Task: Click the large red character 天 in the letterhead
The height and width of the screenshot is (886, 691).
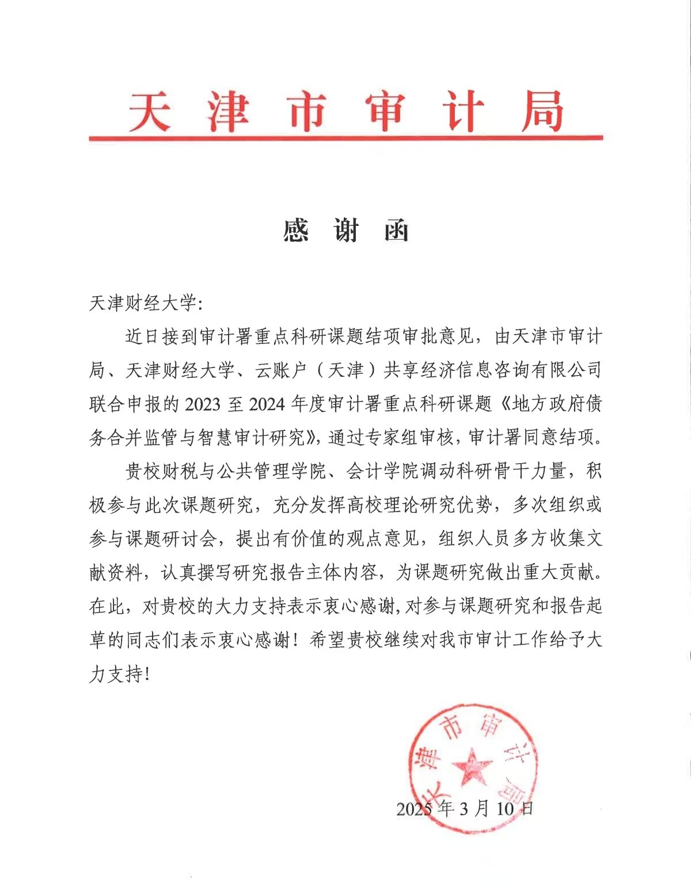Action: point(149,111)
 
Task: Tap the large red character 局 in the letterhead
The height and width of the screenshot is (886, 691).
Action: point(541,111)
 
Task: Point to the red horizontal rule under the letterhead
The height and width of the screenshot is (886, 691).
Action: point(345,138)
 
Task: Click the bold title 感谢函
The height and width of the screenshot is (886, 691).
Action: point(345,230)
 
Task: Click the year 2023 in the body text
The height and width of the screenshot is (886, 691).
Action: point(202,404)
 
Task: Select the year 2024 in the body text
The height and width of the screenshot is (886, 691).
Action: point(267,404)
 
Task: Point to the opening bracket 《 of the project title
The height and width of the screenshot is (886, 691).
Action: point(503,404)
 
